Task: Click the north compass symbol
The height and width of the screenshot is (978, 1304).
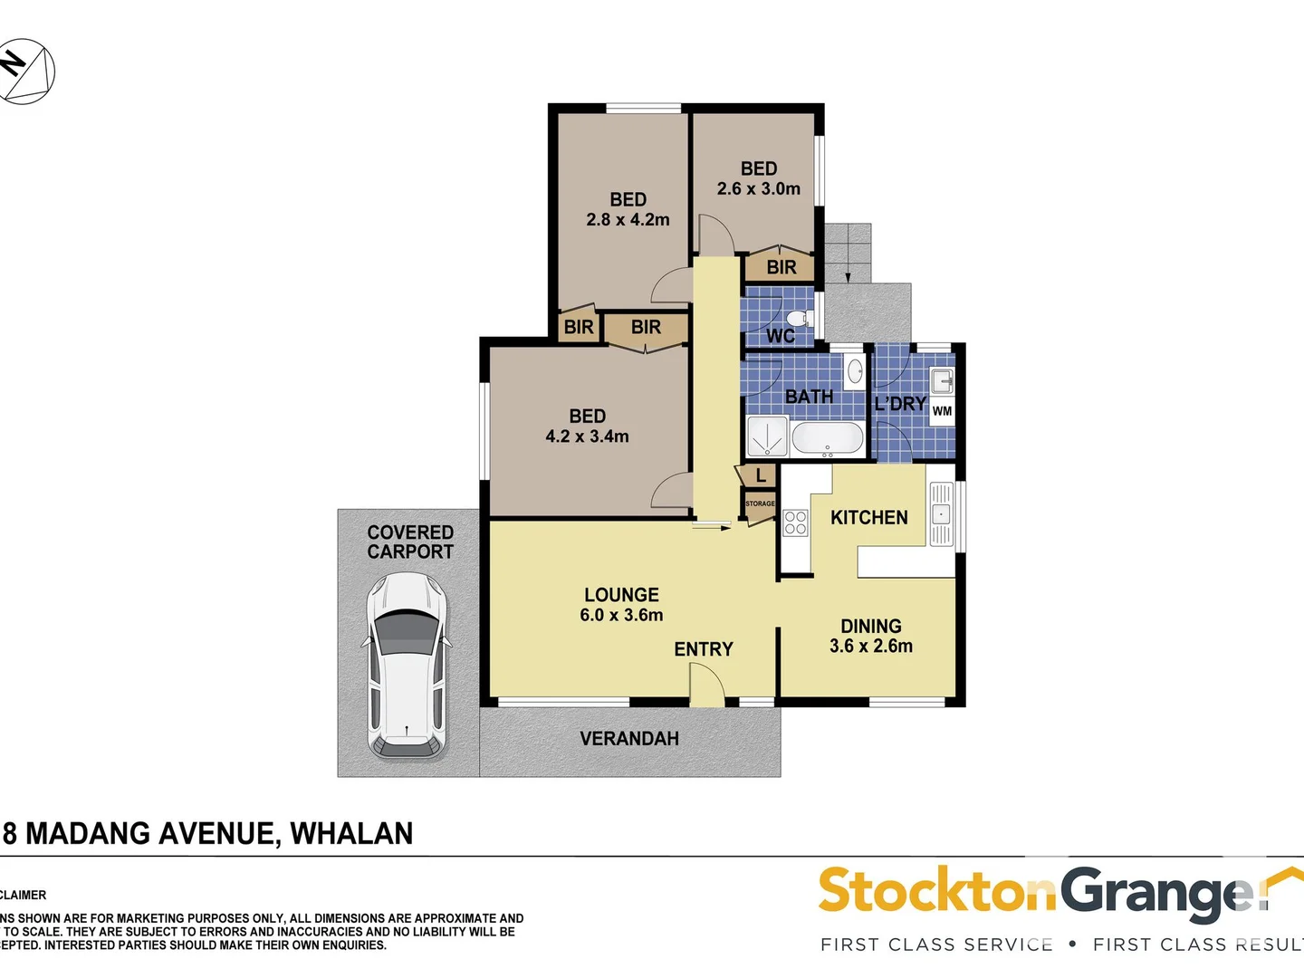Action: tap(26, 71)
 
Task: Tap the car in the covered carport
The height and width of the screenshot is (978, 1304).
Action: tap(407, 665)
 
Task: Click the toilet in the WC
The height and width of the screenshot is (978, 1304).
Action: tap(799, 319)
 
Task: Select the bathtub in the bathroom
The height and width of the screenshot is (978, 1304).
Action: tap(828, 439)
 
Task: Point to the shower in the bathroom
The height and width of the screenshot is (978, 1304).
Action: tap(767, 436)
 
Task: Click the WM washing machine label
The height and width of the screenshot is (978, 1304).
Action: tap(942, 411)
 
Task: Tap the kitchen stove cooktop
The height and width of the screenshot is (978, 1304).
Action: tap(795, 523)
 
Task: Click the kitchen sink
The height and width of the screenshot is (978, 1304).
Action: tap(941, 513)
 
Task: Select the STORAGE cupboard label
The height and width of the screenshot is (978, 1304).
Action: tap(760, 503)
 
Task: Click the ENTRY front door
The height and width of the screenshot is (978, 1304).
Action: tap(706, 686)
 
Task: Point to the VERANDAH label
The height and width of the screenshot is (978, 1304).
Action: tap(629, 739)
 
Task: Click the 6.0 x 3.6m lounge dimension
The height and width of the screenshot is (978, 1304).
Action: tap(621, 616)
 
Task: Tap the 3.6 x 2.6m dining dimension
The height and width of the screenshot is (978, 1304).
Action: tap(871, 647)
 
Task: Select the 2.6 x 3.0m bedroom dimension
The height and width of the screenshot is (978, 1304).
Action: tap(759, 189)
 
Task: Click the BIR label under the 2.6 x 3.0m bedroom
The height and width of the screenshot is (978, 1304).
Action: tap(781, 267)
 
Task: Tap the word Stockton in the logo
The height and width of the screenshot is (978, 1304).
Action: tap(936, 892)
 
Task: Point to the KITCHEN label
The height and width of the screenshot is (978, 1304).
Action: tap(868, 518)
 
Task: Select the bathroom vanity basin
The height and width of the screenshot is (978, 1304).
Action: tap(854, 370)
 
